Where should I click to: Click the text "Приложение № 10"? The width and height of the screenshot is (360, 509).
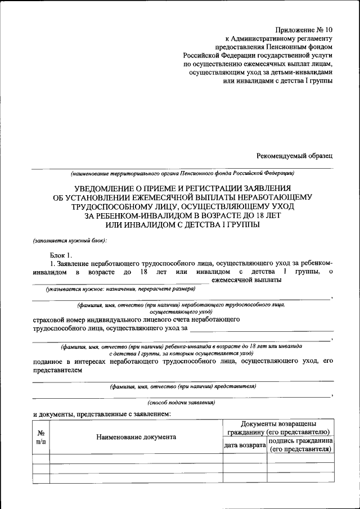[x=304, y=29]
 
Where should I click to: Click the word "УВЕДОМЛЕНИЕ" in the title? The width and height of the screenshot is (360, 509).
[x=105, y=187]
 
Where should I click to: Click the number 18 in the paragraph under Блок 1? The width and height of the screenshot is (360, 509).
[x=145, y=272]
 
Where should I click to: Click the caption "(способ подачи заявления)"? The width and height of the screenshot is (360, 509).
[x=181, y=403]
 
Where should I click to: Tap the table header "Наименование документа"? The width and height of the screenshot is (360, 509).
[x=136, y=437]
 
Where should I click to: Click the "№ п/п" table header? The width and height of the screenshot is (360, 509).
[x=40, y=438]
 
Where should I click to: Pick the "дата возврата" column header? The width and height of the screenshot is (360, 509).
[x=245, y=445]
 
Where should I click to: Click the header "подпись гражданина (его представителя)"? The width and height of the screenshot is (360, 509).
[x=300, y=445]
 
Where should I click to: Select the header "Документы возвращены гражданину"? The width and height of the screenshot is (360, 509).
[x=278, y=427]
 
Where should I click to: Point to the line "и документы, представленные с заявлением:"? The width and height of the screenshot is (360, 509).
[x=102, y=414]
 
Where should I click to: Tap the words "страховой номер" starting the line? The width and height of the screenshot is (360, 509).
[x=60, y=319]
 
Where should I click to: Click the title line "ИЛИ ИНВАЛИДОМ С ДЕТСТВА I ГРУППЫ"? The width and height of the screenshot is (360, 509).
[x=182, y=224]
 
